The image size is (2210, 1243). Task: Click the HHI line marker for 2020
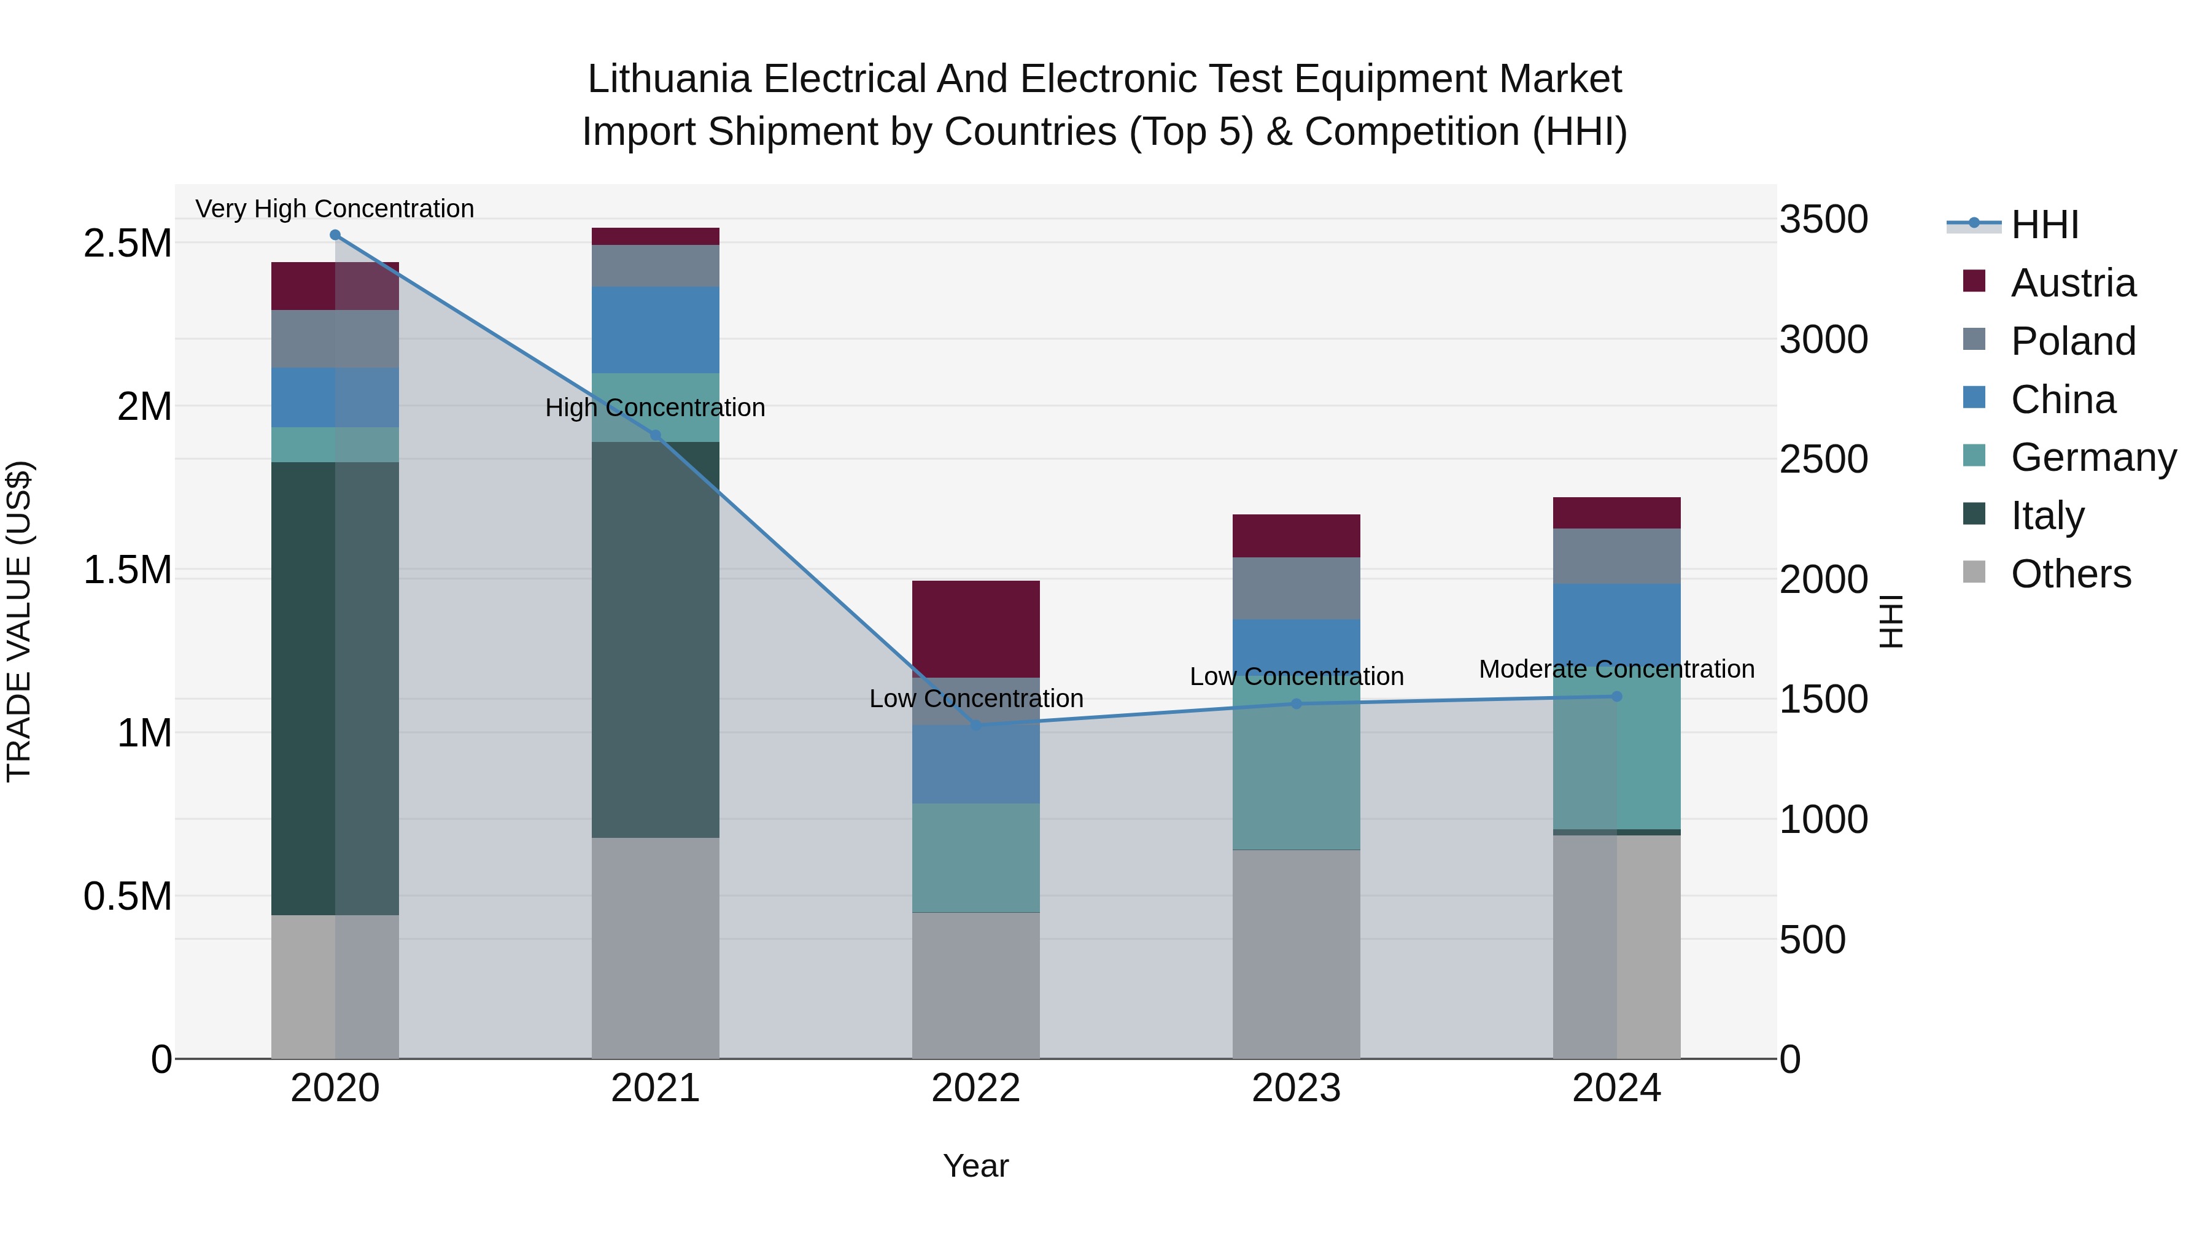(335, 235)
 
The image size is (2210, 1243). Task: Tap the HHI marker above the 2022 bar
(976, 726)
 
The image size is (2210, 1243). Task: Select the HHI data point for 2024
(1616, 697)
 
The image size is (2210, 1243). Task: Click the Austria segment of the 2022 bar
(976, 629)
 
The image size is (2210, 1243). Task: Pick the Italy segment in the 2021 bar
(656, 639)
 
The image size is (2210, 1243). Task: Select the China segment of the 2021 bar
(656, 330)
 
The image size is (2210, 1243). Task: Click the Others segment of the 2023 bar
(1297, 954)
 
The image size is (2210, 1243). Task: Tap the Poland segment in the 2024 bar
(1616, 556)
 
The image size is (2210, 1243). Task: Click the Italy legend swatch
(1974, 514)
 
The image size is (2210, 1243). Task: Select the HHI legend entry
(2044, 225)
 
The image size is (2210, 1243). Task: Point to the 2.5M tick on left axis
(127, 244)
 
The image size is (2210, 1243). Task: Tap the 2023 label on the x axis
(1297, 1088)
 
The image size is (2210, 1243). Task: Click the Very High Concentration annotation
(335, 209)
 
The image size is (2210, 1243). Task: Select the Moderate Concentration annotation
(1616, 669)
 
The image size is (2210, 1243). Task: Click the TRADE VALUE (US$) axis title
(19, 621)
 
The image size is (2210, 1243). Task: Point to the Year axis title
(975, 1166)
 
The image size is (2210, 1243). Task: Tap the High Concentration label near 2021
(656, 408)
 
